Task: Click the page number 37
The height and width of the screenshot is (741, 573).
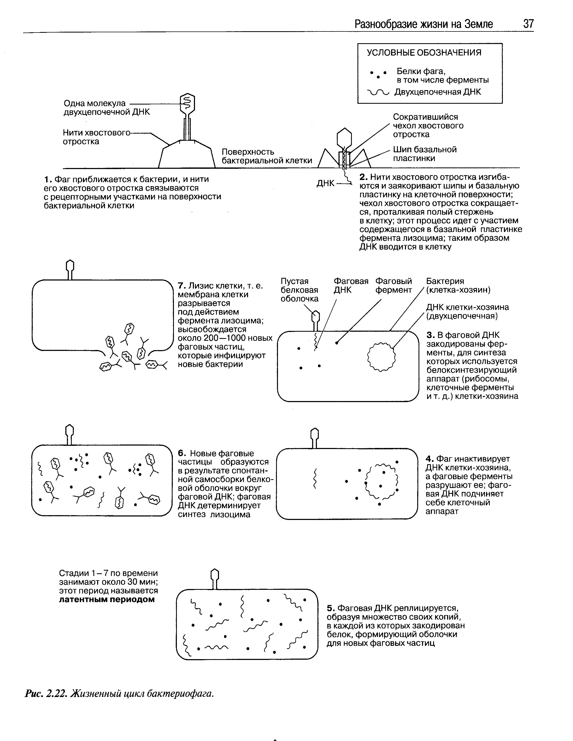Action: click(528, 24)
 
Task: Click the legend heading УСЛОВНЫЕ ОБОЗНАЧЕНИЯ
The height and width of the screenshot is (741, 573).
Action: click(424, 53)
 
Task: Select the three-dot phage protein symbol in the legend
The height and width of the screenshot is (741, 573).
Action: click(378, 74)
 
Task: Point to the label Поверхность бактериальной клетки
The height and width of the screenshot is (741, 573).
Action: click(267, 156)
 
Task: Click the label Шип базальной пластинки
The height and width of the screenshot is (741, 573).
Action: click(425, 154)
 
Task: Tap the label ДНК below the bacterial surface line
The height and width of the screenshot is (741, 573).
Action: click(325, 183)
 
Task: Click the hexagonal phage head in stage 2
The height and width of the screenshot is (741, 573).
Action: click(344, 137)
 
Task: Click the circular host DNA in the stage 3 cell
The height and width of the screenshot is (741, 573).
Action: click(381, 357)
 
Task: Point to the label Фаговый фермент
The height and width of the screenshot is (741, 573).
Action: click(393, 285)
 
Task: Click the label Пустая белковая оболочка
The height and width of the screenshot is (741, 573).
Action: click(299, 290)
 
